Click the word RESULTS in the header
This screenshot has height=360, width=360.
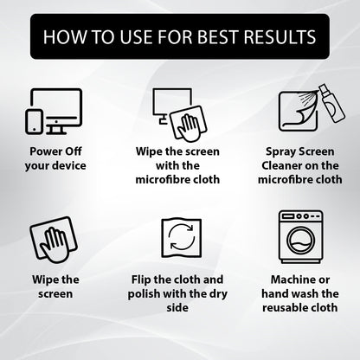280,37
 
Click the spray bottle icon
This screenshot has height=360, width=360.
331,103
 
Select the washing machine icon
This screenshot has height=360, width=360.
300,236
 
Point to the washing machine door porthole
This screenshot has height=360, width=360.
300,241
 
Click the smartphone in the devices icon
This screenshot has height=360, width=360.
34,122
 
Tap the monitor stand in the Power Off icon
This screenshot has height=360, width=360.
56,129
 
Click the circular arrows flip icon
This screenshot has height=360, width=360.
181,237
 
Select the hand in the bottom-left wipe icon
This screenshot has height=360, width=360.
55,245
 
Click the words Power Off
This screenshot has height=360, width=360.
55,151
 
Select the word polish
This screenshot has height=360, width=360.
144,294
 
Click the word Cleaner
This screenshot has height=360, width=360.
280,165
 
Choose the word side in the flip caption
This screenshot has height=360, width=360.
177,307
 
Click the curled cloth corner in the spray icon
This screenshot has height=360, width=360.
305,112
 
